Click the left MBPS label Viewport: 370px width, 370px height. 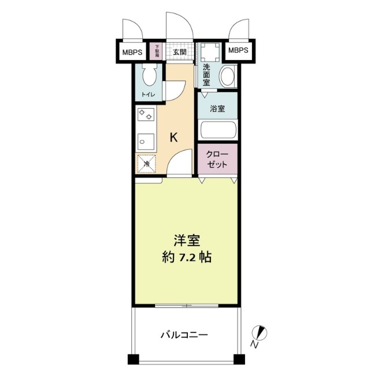tap(132, 51)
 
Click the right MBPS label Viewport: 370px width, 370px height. tap(238, 51)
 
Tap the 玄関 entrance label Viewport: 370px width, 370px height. tap(179, 51)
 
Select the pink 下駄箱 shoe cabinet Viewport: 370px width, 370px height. tap(156, 51)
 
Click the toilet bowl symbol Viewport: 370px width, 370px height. tap(150, 75)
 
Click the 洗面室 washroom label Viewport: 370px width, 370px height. tap(206, 75)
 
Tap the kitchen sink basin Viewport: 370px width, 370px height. tap(145, 140)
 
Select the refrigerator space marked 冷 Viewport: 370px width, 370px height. tap(147, 164)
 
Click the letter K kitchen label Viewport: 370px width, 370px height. tap(173, 138)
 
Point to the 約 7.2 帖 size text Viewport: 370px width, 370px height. tap(186, 257)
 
